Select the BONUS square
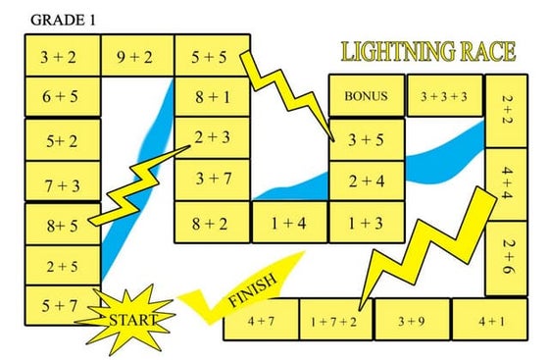coord(367,97)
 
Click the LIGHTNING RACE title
coord(427,53)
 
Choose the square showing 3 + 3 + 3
coord(443,97)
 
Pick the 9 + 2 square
coord(137,57)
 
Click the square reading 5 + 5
coord(210,57)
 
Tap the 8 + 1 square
coord(212,98)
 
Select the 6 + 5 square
coord(61,98)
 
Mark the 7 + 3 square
coord(61,182)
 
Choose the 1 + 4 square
coord(289,223)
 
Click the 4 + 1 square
coord(490,321)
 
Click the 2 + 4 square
coord(366,181)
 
